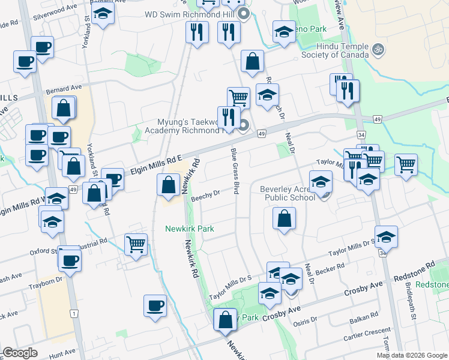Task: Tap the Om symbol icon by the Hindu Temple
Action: (378, 49)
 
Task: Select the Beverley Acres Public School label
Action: (287, 193)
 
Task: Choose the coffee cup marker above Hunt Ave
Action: (155, 305)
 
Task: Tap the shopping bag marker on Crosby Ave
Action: (225, 320)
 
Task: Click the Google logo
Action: (20, 353)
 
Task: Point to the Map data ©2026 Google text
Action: (412, 355)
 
